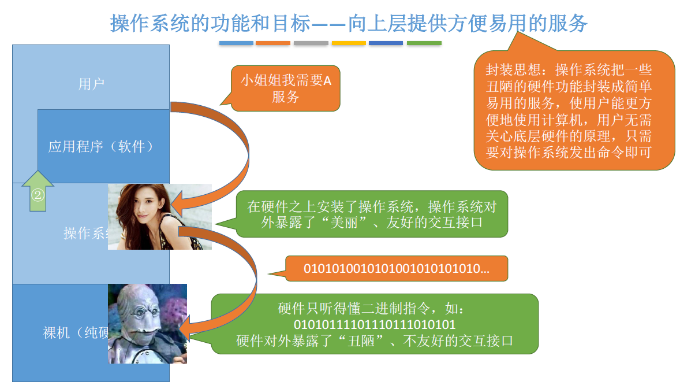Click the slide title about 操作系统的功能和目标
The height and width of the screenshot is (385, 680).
pos(349,23)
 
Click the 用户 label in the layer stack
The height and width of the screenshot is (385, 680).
pos(91,84)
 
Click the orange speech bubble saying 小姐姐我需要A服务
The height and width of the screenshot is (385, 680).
pos(285,88)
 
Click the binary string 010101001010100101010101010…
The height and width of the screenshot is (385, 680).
pos(396,269)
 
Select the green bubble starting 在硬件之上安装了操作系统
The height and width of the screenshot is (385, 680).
pos(372,214)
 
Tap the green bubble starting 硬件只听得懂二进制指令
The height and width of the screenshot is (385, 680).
pos(374,324)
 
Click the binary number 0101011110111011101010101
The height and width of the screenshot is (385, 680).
pos(374,324)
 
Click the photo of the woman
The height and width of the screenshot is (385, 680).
pos(159,216)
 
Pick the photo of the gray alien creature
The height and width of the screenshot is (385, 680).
pos(147,324)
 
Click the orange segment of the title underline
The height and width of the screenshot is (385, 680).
pos(272,43)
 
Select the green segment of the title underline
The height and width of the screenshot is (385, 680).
pos(424,43)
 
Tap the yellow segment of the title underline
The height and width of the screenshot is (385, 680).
pos(348,43)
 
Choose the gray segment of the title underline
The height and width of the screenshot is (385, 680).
pos(311,43)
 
